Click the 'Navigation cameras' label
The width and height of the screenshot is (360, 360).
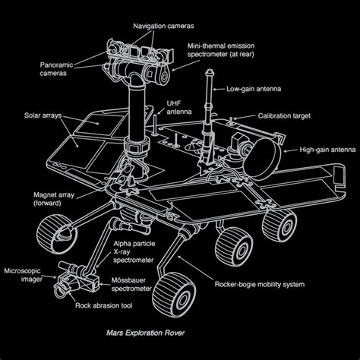[x=163, y=26]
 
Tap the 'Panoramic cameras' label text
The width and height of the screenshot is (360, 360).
[x=56, y=69]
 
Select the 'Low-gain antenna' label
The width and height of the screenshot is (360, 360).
[x=254, y=89]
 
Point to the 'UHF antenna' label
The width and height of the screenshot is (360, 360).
[x=178, y=108]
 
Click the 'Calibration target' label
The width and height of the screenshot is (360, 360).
[x=284, y=116]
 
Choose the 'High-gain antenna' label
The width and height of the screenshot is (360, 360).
[x=327, y=150]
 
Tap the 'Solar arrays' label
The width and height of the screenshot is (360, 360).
[x=43, y=115]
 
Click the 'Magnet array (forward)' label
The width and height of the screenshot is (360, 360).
[x=54, y=199]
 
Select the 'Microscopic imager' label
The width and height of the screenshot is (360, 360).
[x=22, y=275]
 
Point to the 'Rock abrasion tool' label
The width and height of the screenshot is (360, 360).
[x=103, y=305]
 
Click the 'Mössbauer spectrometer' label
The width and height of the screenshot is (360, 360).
[x=131, y=285]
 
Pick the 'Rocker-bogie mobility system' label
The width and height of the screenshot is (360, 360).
[x=260, y=284]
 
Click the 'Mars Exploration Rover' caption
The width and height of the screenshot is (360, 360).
[x=145, y=333]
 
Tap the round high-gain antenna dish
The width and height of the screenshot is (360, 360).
[x=262, y=159]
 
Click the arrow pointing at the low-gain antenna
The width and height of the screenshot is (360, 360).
[x=219, y=89]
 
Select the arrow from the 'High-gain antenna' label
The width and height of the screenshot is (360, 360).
[x=290, y=150]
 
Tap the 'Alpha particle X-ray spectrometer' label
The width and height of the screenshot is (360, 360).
[x=134, y=252]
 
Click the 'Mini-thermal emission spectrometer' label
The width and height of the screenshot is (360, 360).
[x=221, y=50]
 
